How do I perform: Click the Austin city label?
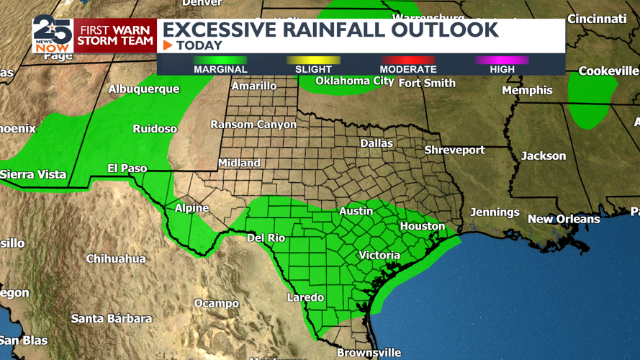pos(356,211)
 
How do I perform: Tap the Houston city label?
pos(423,226)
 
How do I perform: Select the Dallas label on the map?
pos(377,143)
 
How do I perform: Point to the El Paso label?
pos(127,168)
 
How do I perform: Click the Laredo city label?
pos(305,297)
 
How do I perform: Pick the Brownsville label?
pos(369,353)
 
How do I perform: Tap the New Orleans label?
pos(564,219)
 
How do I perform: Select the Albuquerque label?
pos(144,89)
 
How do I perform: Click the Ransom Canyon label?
pos(253,125)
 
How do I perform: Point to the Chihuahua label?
pos(116,258)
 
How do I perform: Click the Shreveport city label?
pos(454,150)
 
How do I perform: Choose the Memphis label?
pos(527,90)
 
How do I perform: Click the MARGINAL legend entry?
pos(220,69)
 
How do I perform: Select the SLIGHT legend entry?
pos(313,69)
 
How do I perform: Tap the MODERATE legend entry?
pos(408,69)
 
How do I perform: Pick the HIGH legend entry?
pos(502,69)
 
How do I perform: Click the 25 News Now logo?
pos(53,34)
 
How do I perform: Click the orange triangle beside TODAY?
pos(168,45)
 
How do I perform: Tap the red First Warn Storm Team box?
pos(115,35)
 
